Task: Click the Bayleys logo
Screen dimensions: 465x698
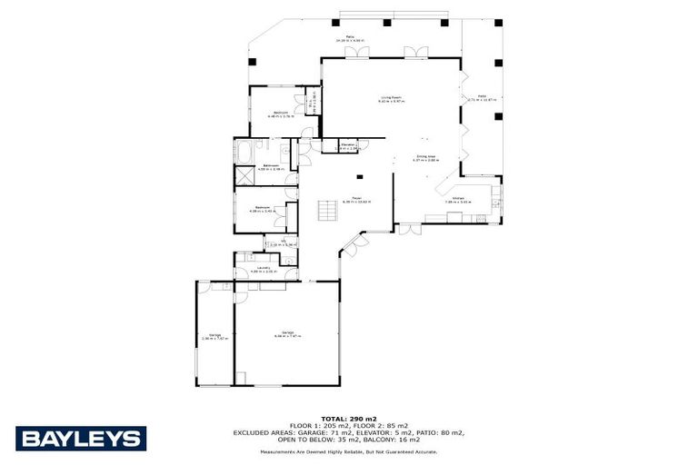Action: point(80,439)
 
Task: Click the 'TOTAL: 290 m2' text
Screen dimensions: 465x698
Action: point(348,418)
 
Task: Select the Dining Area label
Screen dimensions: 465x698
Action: point(425,157)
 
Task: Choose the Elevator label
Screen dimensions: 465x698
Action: point(347,144)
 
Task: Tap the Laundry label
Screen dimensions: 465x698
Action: point(262,268)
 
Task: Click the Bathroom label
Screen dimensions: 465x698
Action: point(271,165)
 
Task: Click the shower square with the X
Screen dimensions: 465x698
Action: point(245,175)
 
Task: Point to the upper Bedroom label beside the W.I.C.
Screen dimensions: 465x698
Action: point(279,113)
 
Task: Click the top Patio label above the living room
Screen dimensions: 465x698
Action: point(348,38)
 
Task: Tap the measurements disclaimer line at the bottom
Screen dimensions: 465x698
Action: point(348,451)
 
